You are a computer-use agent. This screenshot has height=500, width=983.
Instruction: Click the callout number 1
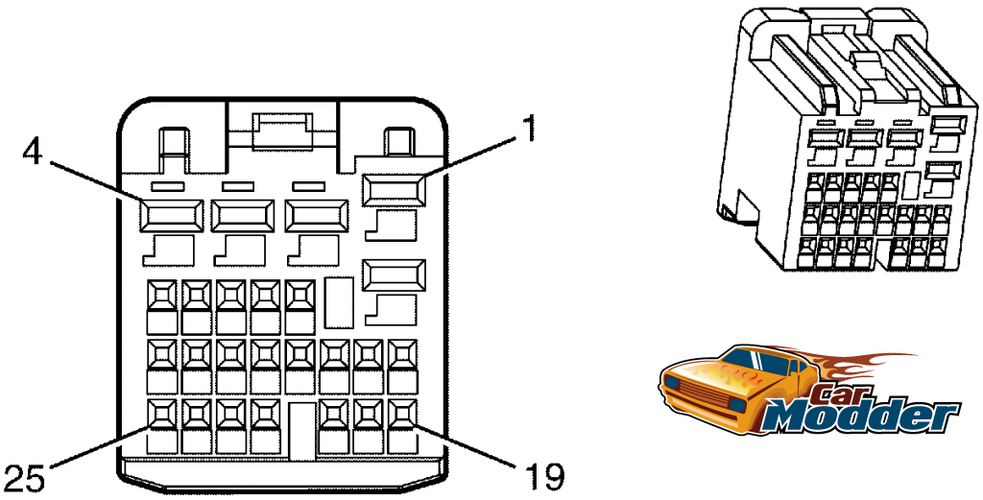pyautogui.click(x=530, y=128)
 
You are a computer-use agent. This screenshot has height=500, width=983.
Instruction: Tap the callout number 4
pyautogui.click(x=33, y=152)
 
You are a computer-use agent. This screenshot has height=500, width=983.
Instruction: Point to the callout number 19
pyautogui.click(x=544, y=478)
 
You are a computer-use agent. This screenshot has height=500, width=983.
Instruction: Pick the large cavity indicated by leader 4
pyautogui.click(x=171, y=216)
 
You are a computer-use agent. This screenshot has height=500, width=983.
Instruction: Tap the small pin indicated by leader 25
pyautogui.click(x=161, y=415)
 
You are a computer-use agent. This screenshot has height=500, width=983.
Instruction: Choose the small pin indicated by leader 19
pyautogui.click(x=402, y=415)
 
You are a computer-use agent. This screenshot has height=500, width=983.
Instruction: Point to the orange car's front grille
pyautogui.click(x=695, y=394)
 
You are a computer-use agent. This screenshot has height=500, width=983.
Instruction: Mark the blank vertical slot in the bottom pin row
pyautogui.click(x=301, y=432)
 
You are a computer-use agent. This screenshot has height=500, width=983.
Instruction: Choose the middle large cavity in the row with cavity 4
pyautogui.click(x=243, y=216)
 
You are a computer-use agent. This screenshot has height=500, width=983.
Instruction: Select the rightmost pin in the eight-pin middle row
pyautogui.click(x=402, y=355)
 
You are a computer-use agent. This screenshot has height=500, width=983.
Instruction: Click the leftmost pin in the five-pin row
pyautogui.click(x=161, y=295)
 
